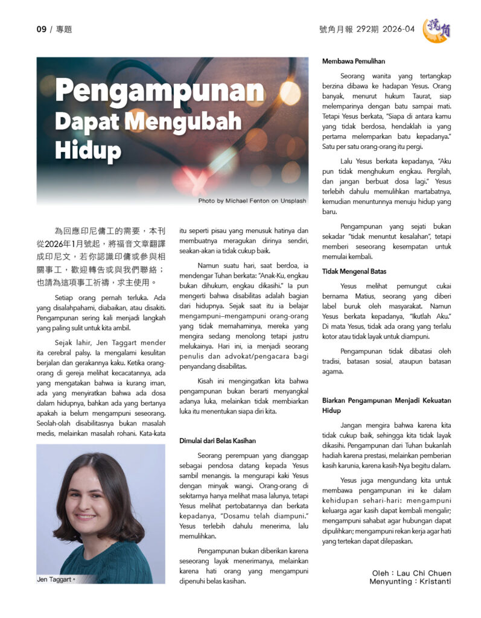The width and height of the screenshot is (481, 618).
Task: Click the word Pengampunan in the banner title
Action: [x=160, y=92]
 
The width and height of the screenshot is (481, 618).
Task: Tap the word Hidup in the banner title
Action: [x=88, y=148]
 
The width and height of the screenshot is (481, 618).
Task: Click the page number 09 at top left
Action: [x=41, y=29]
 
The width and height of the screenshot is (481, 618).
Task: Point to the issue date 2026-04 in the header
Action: [x=398, y=29]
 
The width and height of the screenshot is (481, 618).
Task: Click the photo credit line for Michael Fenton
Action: [x=252, y=200]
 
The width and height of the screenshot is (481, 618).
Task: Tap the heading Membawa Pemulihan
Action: [x=353, y=61]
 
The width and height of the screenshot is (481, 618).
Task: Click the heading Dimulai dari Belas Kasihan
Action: [x=217, y=441]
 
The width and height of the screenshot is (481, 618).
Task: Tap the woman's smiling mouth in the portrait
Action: [x=86, y=517]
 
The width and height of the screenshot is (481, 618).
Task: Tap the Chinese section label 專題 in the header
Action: [x=63, y=29]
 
